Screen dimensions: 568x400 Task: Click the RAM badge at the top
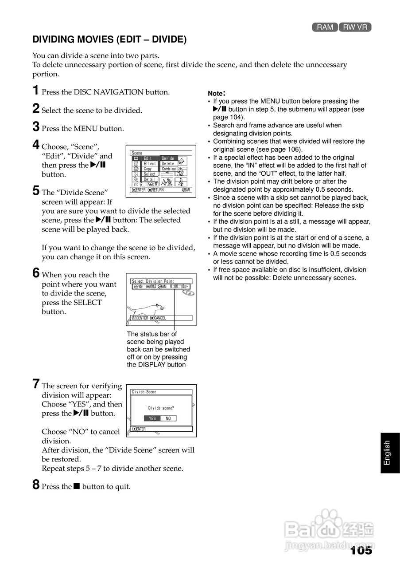click(325, 27)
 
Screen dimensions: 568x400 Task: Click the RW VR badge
click(355, 27)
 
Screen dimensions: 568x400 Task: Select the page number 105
click(361, 551)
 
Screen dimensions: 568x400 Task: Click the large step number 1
click(36, 91)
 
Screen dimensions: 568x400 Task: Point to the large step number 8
click(36, 485)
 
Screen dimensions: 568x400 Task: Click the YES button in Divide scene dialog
click(152, 418)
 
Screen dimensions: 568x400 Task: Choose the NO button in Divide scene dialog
click(168, 418)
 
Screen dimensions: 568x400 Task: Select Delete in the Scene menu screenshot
click(168, 164)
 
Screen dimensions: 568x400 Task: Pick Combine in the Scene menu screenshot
click(169, 169)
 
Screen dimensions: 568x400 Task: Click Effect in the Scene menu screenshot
click(150, 164)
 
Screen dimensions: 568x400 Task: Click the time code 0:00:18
click(177, 287)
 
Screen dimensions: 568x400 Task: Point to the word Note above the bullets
click(216, 94)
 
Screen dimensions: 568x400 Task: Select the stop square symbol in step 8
click(76, 486)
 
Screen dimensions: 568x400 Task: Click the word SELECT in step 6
click(88, 303)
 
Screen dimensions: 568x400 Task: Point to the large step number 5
click(36, 191)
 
